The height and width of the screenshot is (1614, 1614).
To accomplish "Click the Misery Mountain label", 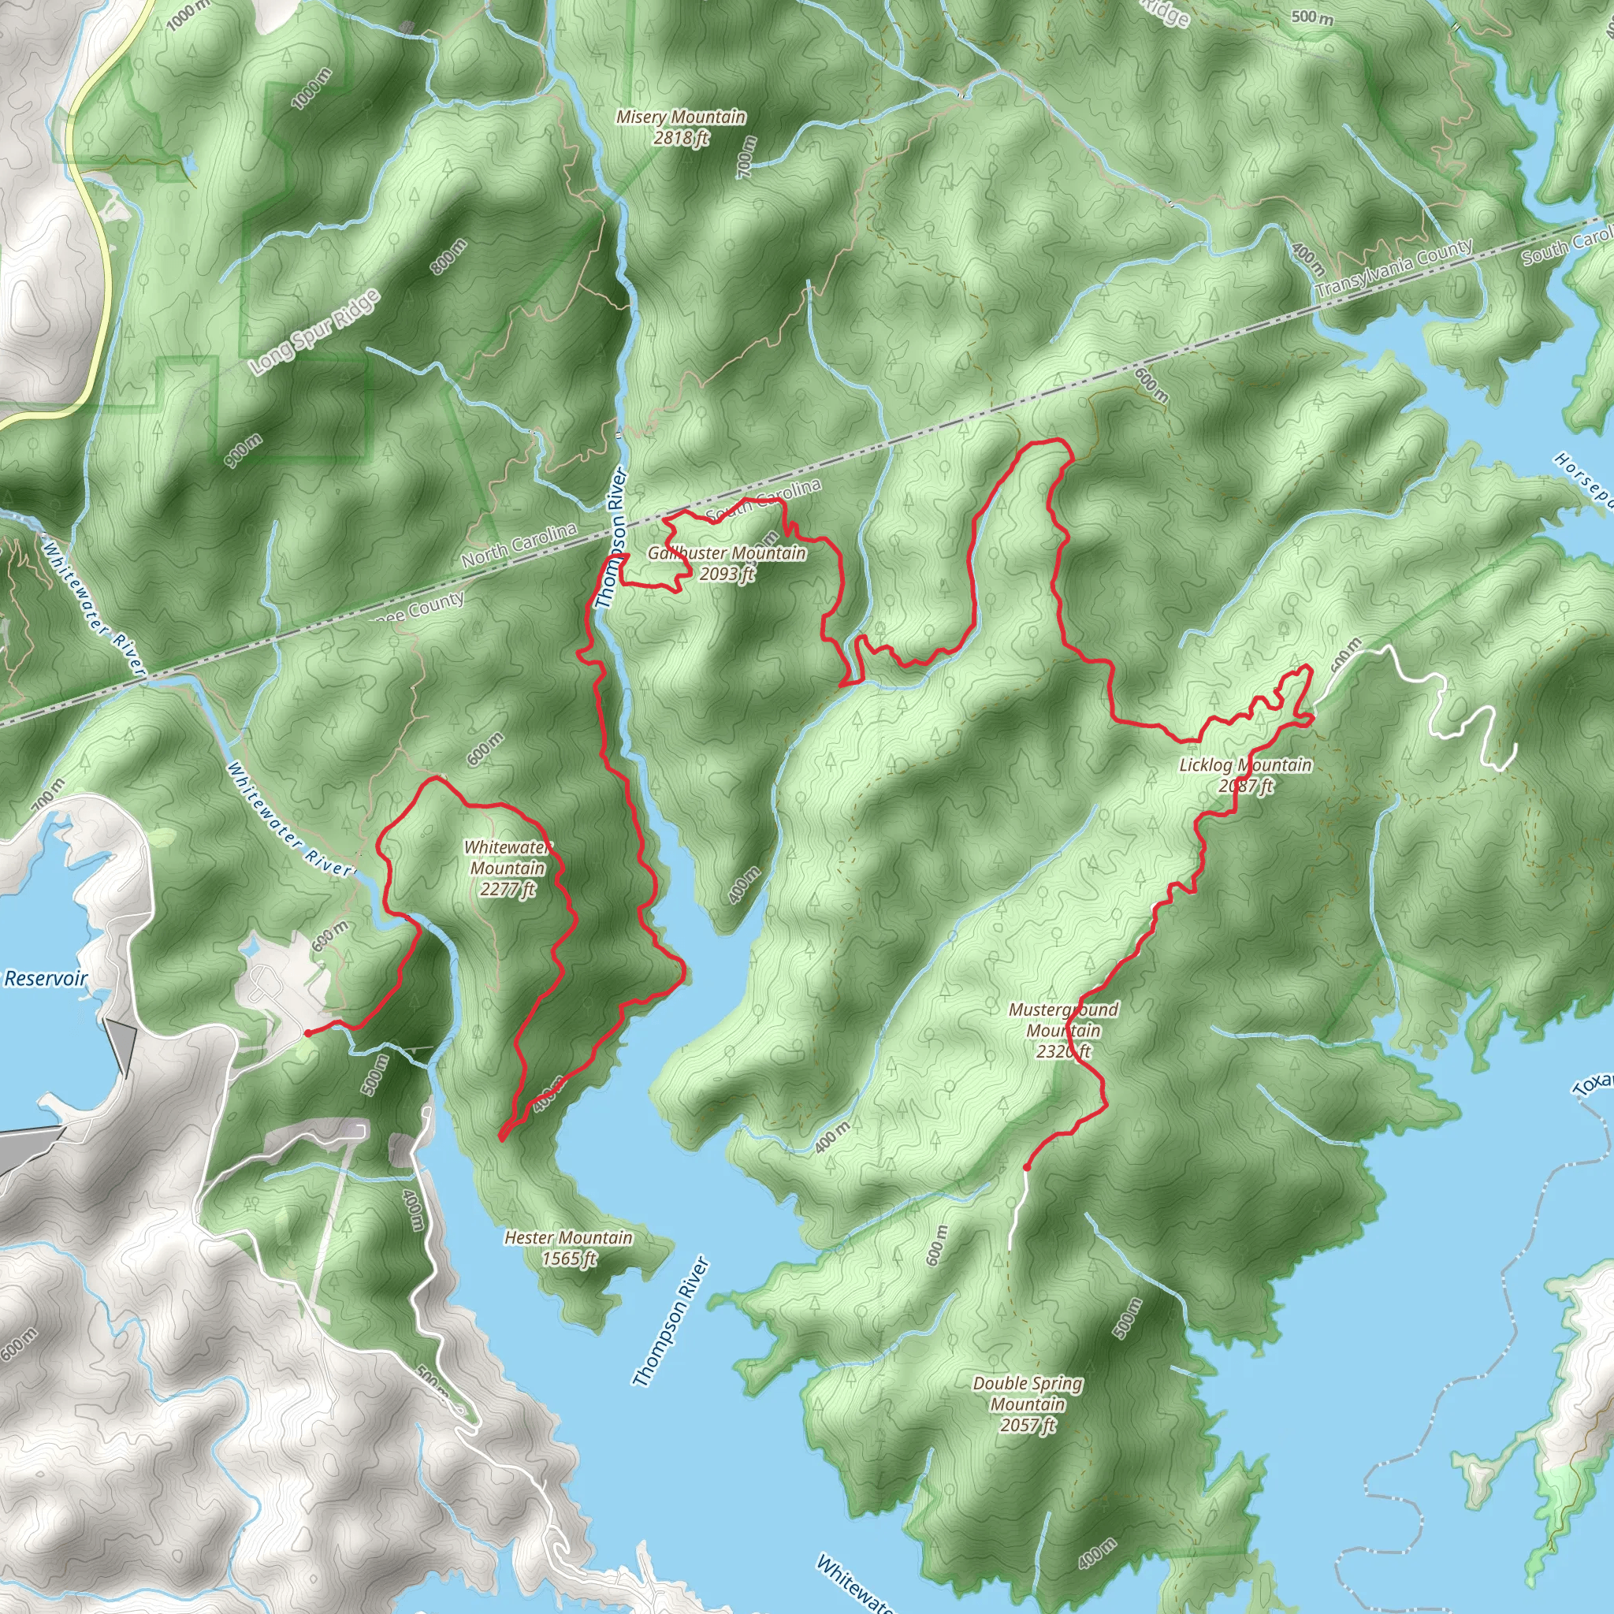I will pyautogui.click(x=680, y=117).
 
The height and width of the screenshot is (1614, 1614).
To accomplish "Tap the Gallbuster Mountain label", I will pyautogui.click(x=727, y=554).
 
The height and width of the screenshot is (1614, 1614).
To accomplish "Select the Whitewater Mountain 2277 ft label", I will pyautogui.click(x=507, y=868).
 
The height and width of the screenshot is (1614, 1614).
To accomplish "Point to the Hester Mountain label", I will pyautogui.click(x=568, y=1238).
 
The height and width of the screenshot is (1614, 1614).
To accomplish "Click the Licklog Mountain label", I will pyautogui.click(x=1244, y=765).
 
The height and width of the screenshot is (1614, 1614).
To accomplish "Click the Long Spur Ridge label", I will pyautogui.click(x=316, y=332).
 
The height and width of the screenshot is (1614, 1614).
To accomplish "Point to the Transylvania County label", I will pyautogui.click(x=1394, y=269).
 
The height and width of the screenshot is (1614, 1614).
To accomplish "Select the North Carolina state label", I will pyautogui.click(x=519, y=545).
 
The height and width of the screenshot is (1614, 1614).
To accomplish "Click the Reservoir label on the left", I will pyautogui.click(x=45, y=978).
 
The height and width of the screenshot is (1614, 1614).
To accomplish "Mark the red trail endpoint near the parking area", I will pyautogui.click(x=307, y=1033).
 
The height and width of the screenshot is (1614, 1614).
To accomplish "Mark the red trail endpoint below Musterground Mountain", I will pyautogui.click(x=1026, y=1168).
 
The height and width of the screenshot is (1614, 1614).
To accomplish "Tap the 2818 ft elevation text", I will pyautogui.click(x=681, y=139).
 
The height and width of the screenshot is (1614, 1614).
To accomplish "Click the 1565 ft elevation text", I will pyautogui.click(x=568, y=1259).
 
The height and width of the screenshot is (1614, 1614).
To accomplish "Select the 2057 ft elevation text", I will pyautogui.click(x=1028, y=1426).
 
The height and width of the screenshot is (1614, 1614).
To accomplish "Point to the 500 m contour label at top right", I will pyautogui.click(x=1311, y=17).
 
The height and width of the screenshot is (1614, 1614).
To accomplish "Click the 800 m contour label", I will pyautogui.click(x=448, y=255).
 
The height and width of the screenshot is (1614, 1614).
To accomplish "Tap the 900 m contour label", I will pyautogui.click(x=243, y=450).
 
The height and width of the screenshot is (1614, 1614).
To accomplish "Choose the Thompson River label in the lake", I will pyautogui.click(x=671, y=1322).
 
